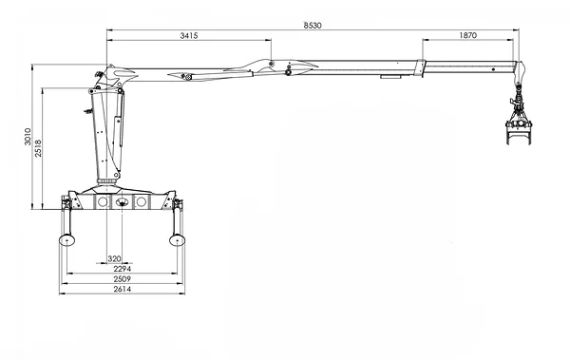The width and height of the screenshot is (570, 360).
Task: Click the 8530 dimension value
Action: tap(313, 25)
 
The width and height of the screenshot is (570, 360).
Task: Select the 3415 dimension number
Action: tap(189, 35)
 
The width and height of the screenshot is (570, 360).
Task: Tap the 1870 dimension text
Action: tap(467, 35)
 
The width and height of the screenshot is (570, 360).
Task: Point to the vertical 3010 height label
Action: tap(28, 137)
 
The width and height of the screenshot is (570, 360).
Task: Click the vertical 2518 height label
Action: tap(38, 148)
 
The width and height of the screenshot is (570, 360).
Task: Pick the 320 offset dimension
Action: tap(114, 259)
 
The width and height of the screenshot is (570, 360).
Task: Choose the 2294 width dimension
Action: tap(123, 269)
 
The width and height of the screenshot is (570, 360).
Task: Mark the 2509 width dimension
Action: tap(123, 279)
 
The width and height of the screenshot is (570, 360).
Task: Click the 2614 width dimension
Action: tap(123, 289)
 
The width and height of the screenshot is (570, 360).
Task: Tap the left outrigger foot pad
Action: tap(66, 240)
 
